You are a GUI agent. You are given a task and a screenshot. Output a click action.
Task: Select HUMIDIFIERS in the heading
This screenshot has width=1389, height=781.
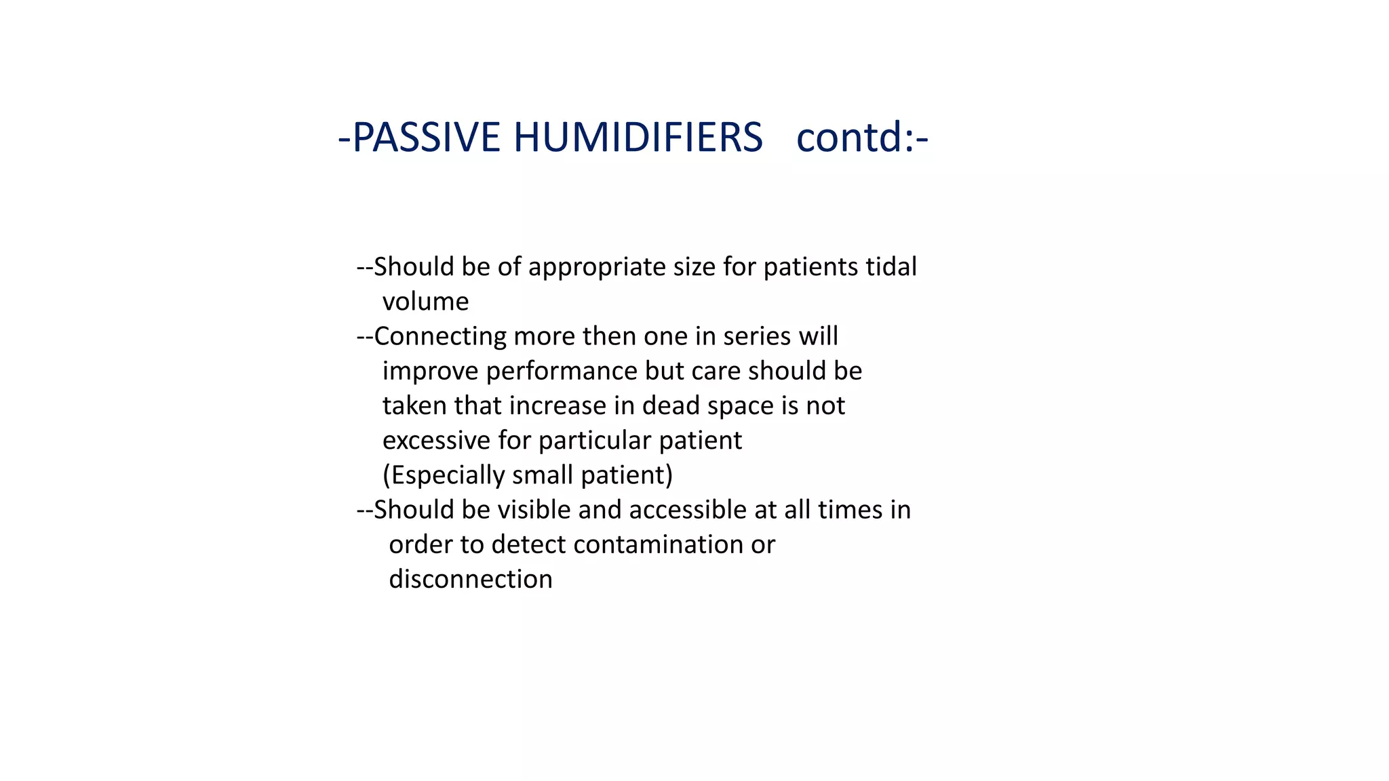pos(638,138)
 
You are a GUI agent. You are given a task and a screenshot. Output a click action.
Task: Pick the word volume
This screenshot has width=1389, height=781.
pos(425,302)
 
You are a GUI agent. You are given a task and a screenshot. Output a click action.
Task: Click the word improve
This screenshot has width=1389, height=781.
pos(431,372)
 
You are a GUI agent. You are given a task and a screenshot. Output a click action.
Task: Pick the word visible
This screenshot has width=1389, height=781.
pos(534,510)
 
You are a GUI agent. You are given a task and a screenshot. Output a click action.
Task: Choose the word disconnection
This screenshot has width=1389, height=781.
pos(471,579)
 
